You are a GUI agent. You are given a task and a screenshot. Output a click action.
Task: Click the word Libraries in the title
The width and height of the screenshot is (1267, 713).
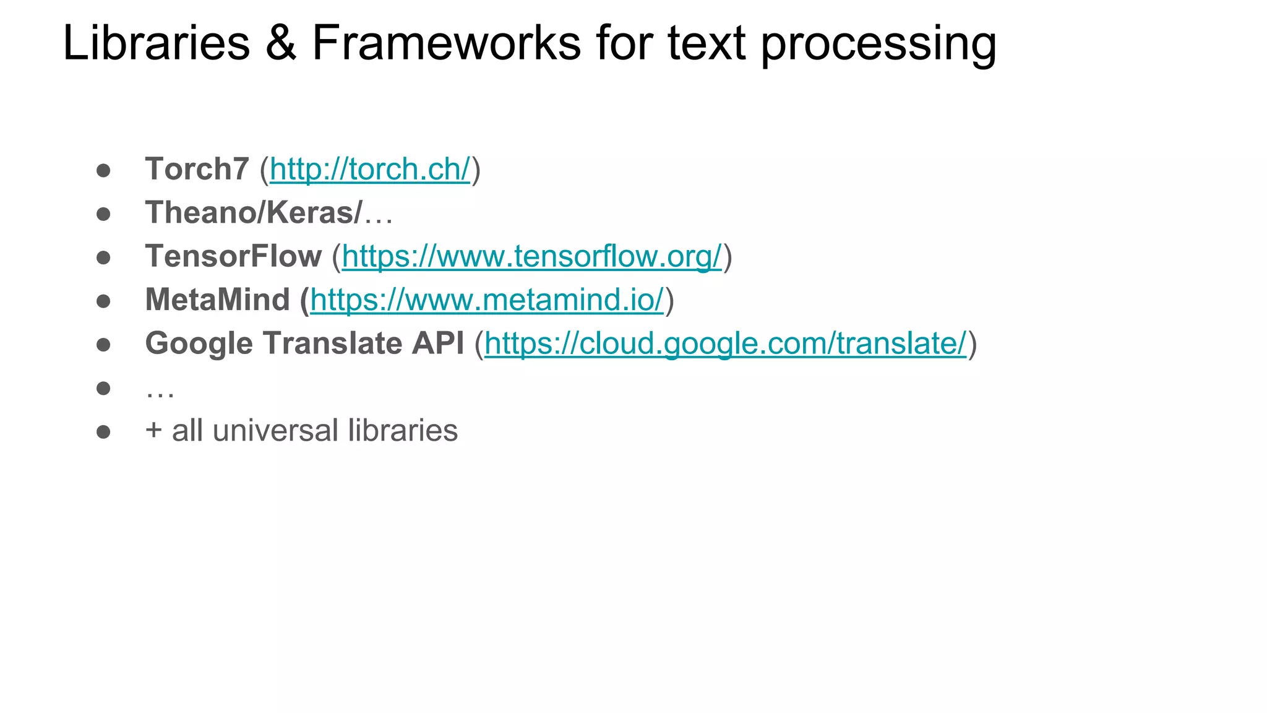coord(156,43)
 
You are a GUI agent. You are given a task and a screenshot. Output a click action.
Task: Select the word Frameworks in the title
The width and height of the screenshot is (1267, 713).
coord(446,43)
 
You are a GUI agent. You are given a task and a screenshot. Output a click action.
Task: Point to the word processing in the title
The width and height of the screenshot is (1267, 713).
coord(878,45)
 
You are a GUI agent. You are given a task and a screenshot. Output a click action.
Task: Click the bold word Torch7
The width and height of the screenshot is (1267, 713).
coord(197,169)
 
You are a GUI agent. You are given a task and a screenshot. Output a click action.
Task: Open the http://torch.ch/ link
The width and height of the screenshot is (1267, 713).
coord(370,170)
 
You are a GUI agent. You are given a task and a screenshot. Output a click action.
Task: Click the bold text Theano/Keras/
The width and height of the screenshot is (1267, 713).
coord(254,213)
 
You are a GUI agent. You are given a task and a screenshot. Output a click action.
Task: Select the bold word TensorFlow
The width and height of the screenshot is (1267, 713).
coord(233,256)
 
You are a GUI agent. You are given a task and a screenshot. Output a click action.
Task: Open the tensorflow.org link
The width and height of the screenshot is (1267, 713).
coord(531,257)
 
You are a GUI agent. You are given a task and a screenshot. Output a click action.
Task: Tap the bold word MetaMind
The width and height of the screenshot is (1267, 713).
coord(217,300)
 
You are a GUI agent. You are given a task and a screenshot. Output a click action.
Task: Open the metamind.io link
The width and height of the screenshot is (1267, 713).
coord(487,300)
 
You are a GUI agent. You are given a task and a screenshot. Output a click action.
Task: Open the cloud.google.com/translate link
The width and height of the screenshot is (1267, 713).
coord(725,344)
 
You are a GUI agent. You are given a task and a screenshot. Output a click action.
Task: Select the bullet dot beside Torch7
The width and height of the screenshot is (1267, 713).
coord(103,170)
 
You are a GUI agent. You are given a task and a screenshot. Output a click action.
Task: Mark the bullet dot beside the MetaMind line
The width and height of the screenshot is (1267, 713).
coord(103,301)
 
